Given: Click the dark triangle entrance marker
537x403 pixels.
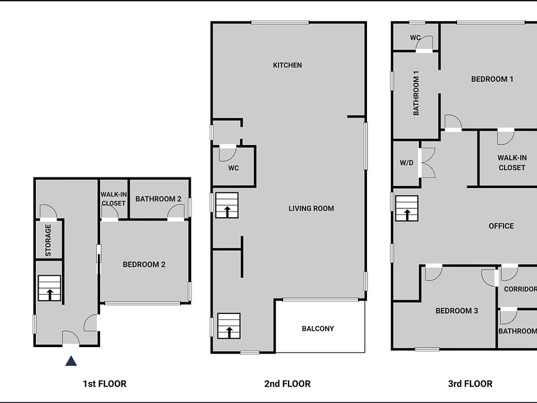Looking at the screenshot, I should click(x=71, y=361).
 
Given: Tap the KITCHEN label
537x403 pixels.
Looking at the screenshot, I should click(x=287, y=65).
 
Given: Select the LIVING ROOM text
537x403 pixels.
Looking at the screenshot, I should click(x=311, y=208).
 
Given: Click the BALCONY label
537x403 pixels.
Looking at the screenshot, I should click(x=318, y=329).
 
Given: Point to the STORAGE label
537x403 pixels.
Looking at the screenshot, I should click(x=48, y=240).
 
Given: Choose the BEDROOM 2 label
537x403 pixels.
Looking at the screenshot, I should click(x=144, y=264).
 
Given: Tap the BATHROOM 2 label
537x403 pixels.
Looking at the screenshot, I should click(x=158, y=199).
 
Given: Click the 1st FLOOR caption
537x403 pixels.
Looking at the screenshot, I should click(x=105, y=383).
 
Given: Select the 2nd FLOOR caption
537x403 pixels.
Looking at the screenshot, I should click(x=287, y=383).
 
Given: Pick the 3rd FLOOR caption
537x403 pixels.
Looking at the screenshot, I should click(x=470, y=383).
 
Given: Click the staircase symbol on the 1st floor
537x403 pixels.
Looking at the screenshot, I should click(x=49, y=288).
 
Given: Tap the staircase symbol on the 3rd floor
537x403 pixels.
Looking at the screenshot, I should click(x=407, y=208).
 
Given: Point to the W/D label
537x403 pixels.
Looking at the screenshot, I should click(x=406, y=163).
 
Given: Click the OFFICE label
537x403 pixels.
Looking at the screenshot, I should click(x=501, y=226).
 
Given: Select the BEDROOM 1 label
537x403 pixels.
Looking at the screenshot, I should click(x=492, y=79).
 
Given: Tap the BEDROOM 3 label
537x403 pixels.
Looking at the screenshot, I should click(x=456, y=311).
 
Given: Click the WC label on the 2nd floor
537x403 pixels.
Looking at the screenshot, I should click(x=234, y=168).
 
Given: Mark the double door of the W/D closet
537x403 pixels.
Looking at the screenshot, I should click(x=427, y=163).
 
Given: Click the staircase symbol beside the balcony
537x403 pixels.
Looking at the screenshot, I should click(x=228, y=325).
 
